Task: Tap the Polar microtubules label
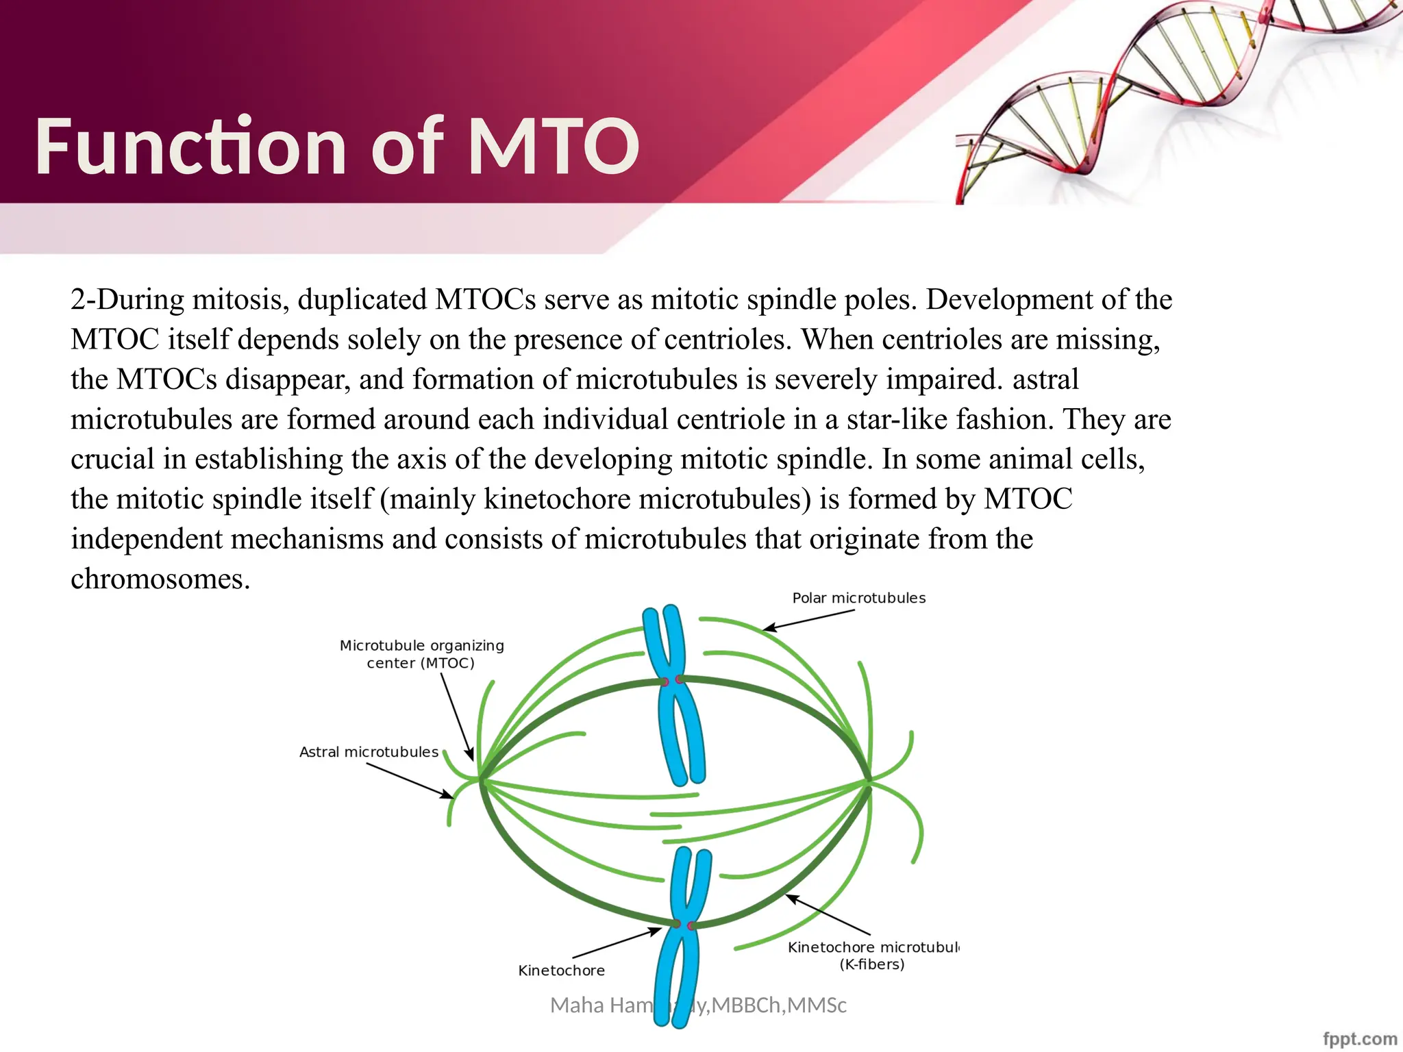click(858, 598)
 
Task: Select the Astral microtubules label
click(369, 752)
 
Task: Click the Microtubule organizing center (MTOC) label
click(421, 654)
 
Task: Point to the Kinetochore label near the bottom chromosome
click(561, 970)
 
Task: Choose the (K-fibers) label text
click(871, 964)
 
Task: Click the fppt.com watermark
click(1360, 1039)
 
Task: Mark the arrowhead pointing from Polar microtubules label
click(769, 629)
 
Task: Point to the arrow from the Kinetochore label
click(617, 943)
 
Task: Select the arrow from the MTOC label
click(457, 716)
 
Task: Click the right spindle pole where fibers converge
click(869, 780)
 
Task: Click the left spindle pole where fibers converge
click(481, 779)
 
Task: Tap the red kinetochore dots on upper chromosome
click(671, 681)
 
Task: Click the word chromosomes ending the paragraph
click(160, 579)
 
